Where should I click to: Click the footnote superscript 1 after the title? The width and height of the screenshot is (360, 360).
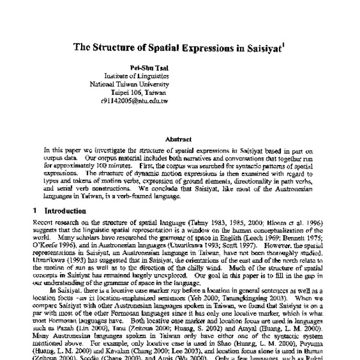click(287, 43)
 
